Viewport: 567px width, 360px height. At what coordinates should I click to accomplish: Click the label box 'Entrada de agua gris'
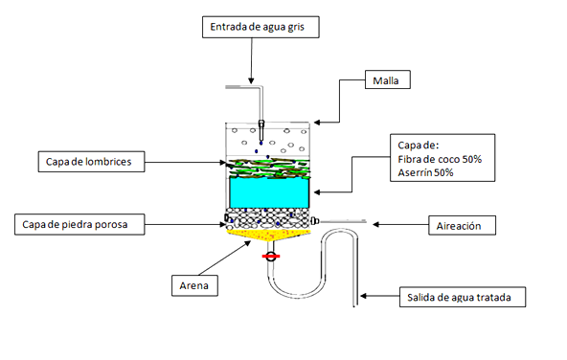click(x=261, y=28)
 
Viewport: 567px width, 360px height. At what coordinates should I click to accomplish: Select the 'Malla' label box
click(x=390, y=81)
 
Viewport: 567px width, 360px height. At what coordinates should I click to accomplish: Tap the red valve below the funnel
click(x=270, y=258)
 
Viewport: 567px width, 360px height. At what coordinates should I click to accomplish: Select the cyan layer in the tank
click(x=268, y=191)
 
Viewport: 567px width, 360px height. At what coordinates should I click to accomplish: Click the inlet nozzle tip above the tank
click(x=261, y=124)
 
